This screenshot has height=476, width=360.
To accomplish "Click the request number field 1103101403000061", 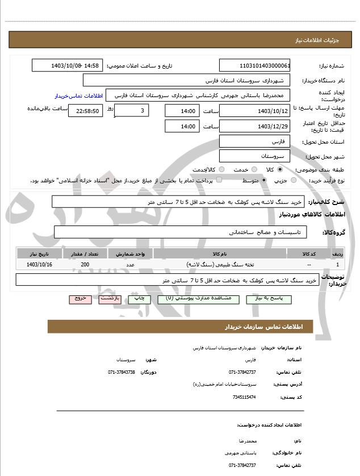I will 254,65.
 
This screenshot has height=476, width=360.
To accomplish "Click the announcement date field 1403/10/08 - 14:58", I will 66,65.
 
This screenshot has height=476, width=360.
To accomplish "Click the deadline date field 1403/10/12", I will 254,110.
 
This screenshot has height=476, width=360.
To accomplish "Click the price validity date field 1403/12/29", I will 254,126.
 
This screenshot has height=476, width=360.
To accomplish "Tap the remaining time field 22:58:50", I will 85,111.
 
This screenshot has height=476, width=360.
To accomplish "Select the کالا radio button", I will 280,169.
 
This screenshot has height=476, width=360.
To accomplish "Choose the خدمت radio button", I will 253,169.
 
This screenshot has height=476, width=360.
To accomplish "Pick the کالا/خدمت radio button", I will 221,169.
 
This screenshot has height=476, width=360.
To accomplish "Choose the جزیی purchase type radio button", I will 294,180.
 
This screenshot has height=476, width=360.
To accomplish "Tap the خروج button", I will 79,299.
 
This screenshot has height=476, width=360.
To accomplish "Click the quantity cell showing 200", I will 85,265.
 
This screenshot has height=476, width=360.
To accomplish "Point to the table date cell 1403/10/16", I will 39,265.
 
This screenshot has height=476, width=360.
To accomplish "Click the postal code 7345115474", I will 244,397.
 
